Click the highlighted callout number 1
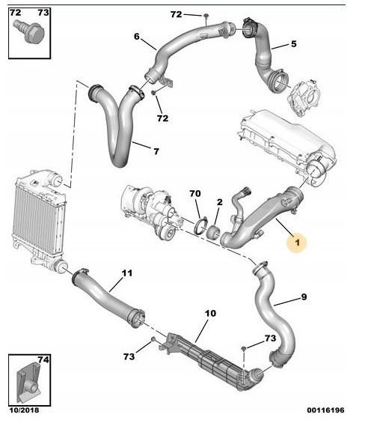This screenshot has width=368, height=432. coord(297,243)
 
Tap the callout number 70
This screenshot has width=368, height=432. coord(195,194)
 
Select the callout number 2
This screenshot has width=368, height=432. coord(219,202)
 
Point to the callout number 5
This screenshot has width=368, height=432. coord(294,44)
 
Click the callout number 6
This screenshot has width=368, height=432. coord(137,37)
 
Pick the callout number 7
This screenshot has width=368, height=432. coord(156,151)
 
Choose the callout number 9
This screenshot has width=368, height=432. coord(304,297)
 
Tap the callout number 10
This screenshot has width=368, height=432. coord(211,313)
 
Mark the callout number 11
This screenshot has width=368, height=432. coord(127,273)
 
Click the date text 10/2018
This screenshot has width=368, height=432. coord(24,410)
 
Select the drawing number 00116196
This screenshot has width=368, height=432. coord(325,410)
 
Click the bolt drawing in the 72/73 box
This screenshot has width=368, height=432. coord(29,31)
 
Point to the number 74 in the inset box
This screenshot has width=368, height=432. coord(43,360)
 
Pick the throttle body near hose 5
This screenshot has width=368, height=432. coord(304,98)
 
